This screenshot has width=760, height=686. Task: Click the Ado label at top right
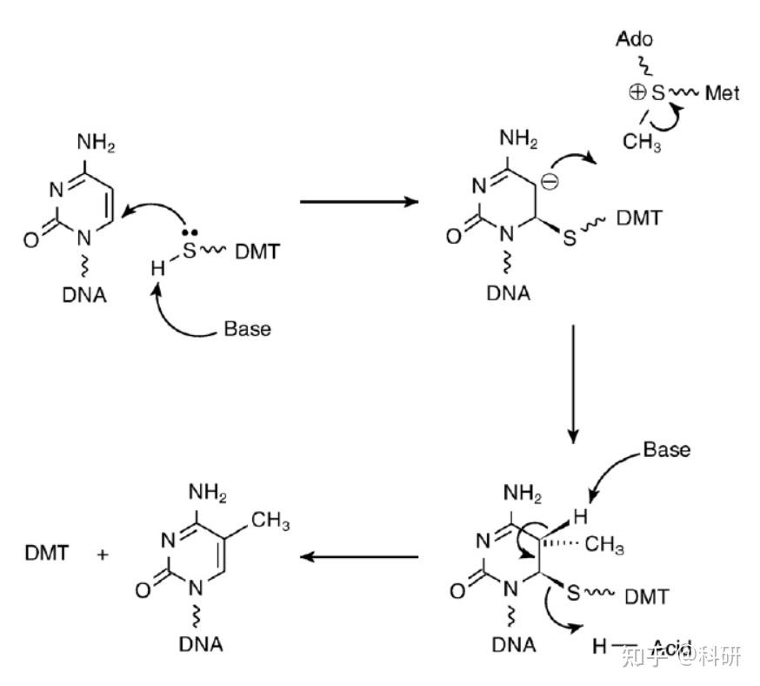pos(634,39)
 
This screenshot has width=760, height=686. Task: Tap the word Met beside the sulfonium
pos(722,92)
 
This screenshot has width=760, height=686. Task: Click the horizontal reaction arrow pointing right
pos(358,202)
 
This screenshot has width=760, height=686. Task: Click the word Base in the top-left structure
pos(248,329)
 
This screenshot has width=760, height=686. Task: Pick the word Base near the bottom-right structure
pos(667,449)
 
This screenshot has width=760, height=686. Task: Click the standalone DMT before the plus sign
pos(48,552)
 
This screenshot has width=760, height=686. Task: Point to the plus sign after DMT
pos(103,553)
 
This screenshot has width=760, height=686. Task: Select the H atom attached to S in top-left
pos(157,269)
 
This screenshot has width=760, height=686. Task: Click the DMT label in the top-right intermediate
pos(640,218)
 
